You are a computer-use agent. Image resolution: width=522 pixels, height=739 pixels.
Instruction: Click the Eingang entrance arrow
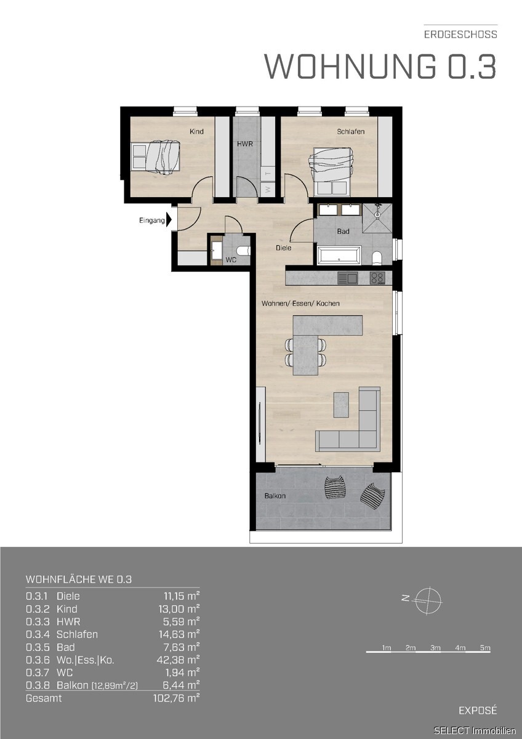click(169, 220)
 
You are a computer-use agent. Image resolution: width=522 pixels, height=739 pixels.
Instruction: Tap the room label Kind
click(196, 131)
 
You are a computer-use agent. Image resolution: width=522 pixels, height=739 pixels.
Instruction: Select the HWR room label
click(245, 144)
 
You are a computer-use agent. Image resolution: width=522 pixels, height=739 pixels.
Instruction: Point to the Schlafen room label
click(350, 131)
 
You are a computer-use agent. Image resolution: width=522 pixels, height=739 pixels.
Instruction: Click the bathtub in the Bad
click(339, 255)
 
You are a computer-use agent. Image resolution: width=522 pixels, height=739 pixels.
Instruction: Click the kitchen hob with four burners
click(377, 278)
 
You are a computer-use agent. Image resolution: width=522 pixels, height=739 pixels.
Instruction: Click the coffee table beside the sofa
click(341, 405)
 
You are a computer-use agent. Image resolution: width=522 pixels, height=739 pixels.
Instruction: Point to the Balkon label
click(275, 496)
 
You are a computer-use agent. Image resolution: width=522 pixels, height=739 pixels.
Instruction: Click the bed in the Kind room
click(155, 157)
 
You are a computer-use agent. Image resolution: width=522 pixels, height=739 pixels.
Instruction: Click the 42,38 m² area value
click(178, 660)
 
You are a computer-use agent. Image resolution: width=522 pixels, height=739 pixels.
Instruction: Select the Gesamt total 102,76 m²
click(177, 698)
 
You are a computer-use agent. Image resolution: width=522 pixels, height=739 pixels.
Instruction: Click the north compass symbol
click(428, 600)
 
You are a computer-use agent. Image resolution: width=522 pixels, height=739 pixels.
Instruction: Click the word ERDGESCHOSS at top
click(460, 34)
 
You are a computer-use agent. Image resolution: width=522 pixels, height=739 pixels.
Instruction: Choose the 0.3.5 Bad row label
click(50, 647)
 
